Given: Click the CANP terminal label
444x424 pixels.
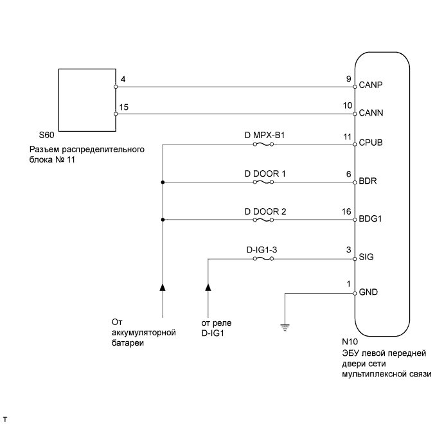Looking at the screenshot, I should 372,85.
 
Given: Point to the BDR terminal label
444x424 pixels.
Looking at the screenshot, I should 369,182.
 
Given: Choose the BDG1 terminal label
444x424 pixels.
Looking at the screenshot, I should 371,220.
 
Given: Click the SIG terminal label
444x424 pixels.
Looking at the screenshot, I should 368,257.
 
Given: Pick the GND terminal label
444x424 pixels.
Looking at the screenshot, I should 369,292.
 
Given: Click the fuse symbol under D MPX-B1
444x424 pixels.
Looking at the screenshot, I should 263,145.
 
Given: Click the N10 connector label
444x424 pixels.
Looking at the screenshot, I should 350,344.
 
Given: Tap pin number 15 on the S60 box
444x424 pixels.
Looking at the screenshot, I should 124,107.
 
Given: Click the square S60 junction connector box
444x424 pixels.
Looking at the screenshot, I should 87,99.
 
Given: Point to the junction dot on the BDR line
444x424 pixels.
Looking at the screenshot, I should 163,182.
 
